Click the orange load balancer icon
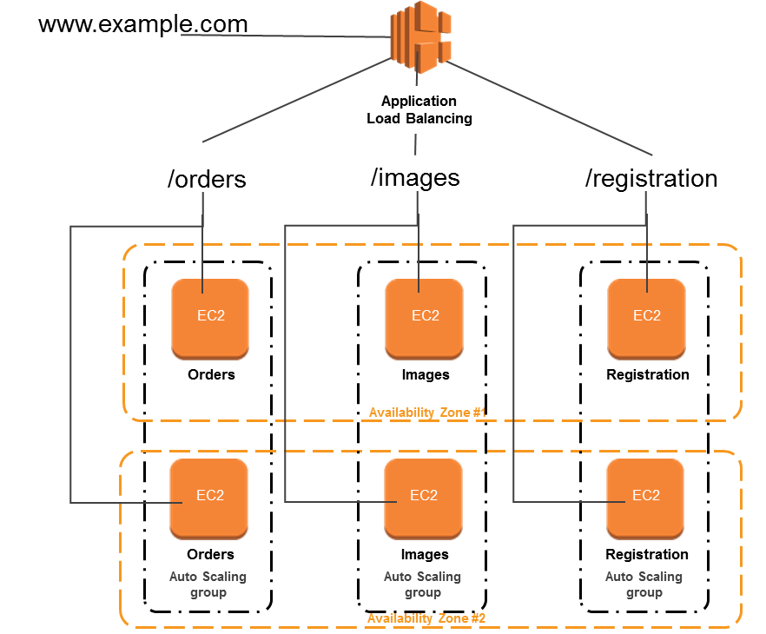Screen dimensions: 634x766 pyautogui.click(x=420, y=35)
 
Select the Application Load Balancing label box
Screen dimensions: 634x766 pyautogui.click(x=419, y=109)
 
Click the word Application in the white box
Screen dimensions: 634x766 pyautogui.click(x=419, y=101)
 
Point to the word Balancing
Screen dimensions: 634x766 pyautogui.click(x=443, y=118)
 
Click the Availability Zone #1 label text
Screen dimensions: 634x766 pyautogui.click(x=426, y=413)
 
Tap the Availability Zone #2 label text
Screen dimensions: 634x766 pyautogui.click(x=426, y=618)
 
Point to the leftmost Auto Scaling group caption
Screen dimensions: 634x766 pyautogui.click(x=208, y=584)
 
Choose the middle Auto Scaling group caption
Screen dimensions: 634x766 pyautogui.click(x=422, y=584)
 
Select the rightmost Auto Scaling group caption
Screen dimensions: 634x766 pyautogui.click(x=644, y=584)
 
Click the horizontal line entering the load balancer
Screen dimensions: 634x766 pyautogui.click(x=287, y=36)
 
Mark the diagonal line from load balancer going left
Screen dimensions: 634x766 pyautogui.click(x=295, y=102)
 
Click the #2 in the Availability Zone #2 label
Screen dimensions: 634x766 pyautogui.click(x=478, y=618)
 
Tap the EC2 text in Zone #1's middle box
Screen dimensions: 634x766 pyautogui.click(x=426, y=315)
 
